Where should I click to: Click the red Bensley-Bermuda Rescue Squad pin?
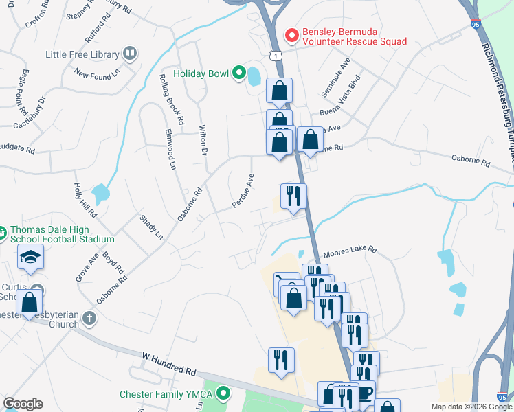291,34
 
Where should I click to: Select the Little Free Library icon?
129,54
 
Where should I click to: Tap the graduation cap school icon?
31,257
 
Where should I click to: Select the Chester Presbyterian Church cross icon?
88,318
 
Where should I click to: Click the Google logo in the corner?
23,404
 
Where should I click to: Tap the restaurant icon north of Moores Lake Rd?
293,196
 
